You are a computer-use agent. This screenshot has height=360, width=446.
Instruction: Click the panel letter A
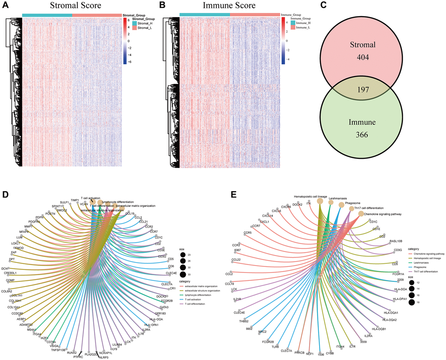[6, 6]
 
